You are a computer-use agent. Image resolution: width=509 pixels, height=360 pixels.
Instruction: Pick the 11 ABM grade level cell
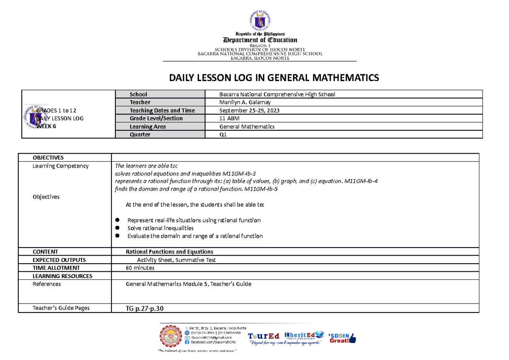229,118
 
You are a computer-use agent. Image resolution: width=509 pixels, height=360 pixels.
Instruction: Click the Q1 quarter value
223,135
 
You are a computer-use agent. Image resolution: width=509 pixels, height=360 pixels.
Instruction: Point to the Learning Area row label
148,127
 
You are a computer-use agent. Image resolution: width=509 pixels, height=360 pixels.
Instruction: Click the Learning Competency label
61,166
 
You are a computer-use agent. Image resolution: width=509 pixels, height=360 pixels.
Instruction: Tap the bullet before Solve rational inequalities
117,228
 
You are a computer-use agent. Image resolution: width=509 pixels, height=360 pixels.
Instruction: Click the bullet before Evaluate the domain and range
117,236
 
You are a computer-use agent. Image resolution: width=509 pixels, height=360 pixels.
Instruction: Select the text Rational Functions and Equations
169,252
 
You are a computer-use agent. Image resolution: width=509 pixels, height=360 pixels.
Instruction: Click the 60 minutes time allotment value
140,268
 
